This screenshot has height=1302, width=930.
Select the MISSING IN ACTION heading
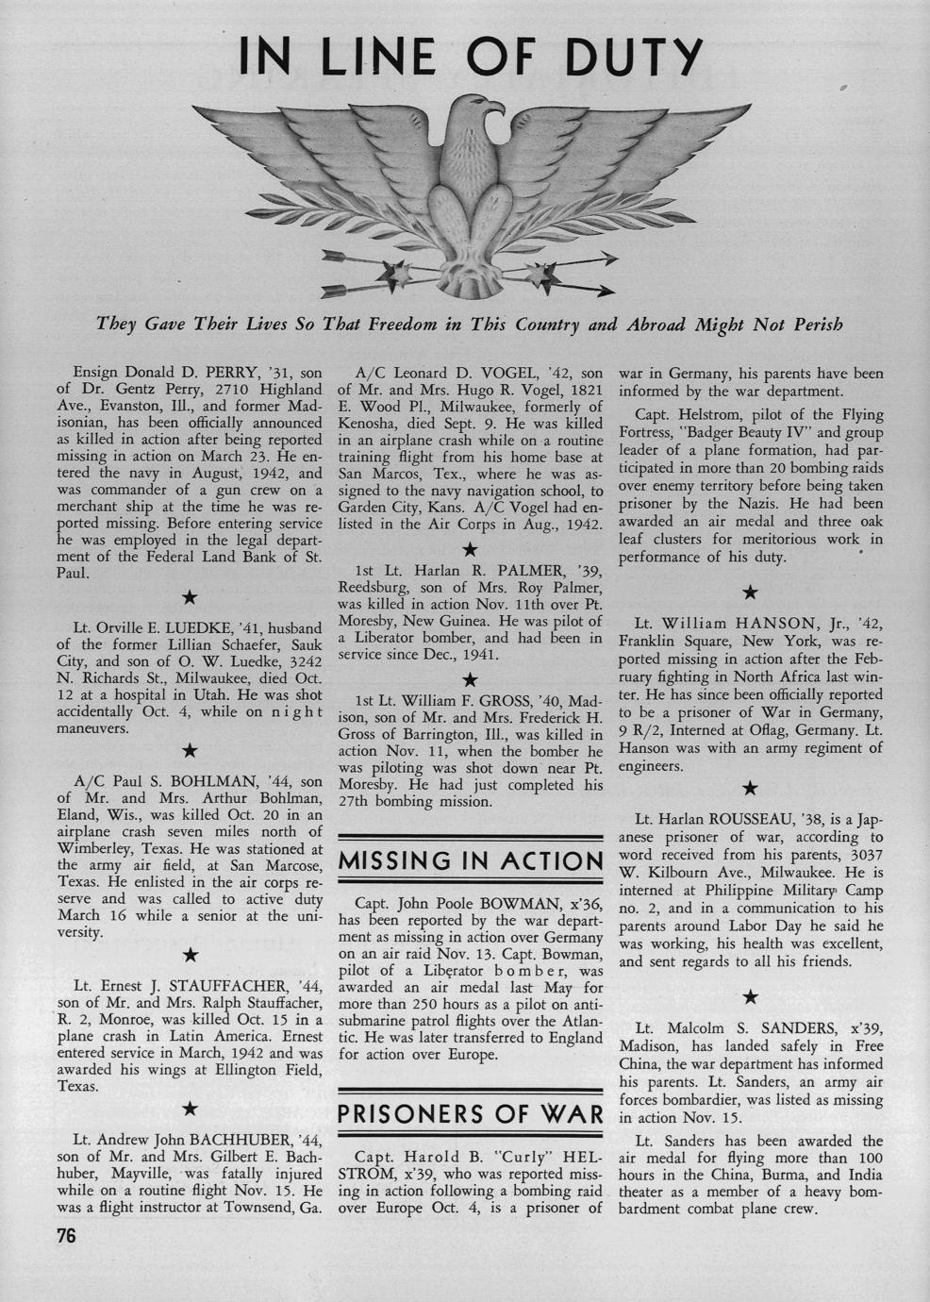tap(470, 860)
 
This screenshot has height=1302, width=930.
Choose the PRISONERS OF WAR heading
tap(470, 1113)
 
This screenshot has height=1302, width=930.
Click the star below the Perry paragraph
tap(190, 597)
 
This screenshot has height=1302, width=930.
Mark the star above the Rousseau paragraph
tap(750, 788)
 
